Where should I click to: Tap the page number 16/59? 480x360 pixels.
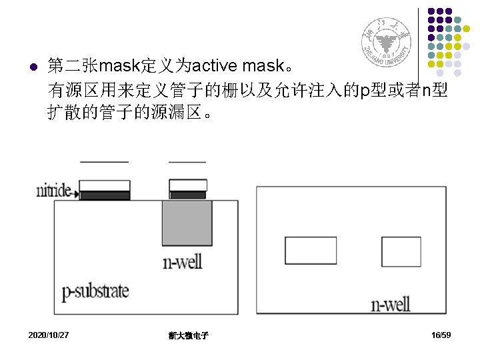point(441,334)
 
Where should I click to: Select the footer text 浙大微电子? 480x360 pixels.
point(189,335)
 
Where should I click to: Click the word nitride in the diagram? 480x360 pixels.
point(53,191)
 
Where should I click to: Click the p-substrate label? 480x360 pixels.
point(95,291)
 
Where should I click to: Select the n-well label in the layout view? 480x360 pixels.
point(391,305)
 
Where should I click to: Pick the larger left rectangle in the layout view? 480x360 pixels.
point(311,250)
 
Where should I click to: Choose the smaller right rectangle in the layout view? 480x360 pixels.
point(401,251)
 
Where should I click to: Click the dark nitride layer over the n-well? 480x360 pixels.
point(187,195)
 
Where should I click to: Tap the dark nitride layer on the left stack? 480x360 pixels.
point(105,195)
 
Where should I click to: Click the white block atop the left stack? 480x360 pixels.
point(105,185)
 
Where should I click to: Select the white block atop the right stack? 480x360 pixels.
point(187,185)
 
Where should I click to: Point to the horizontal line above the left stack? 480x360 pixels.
point(104,162)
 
